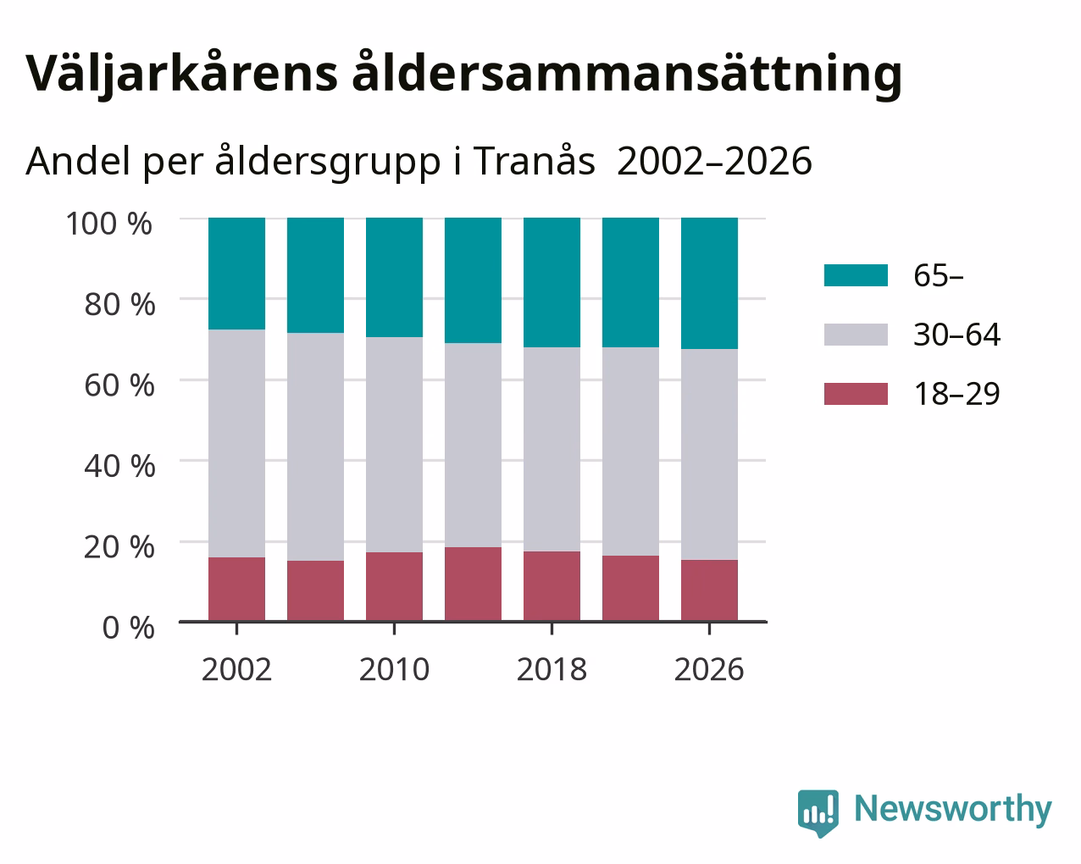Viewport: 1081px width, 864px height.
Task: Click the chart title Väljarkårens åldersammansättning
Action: (464, 75)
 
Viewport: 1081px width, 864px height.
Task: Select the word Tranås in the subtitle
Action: (534, 161)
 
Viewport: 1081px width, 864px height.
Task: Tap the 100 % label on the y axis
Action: (108, 224)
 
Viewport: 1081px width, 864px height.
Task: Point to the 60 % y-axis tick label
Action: (119, 385)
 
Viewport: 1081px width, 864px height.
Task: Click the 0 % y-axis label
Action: (128, 628)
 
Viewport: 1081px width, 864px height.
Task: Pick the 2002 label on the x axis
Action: (236, 669)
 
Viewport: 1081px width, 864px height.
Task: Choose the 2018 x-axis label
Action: (552, 669)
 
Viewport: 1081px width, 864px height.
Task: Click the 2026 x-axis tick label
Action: (709, 669)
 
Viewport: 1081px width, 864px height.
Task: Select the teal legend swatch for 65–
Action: (856, 275)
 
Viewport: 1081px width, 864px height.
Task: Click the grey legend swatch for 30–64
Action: (856, 335)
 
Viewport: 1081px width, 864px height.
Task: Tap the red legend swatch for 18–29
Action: (856, 394)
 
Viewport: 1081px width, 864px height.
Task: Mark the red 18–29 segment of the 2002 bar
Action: (236, 590)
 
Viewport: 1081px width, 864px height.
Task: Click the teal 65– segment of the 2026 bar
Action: (709, 283)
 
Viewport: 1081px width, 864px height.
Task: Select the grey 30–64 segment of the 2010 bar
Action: (394, 445)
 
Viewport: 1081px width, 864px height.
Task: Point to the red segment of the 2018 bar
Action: (552, 586)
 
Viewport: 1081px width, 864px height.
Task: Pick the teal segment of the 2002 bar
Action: (236, 274)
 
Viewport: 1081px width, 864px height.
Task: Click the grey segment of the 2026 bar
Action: (709, 455)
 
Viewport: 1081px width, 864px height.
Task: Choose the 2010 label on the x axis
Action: (394, 669)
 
